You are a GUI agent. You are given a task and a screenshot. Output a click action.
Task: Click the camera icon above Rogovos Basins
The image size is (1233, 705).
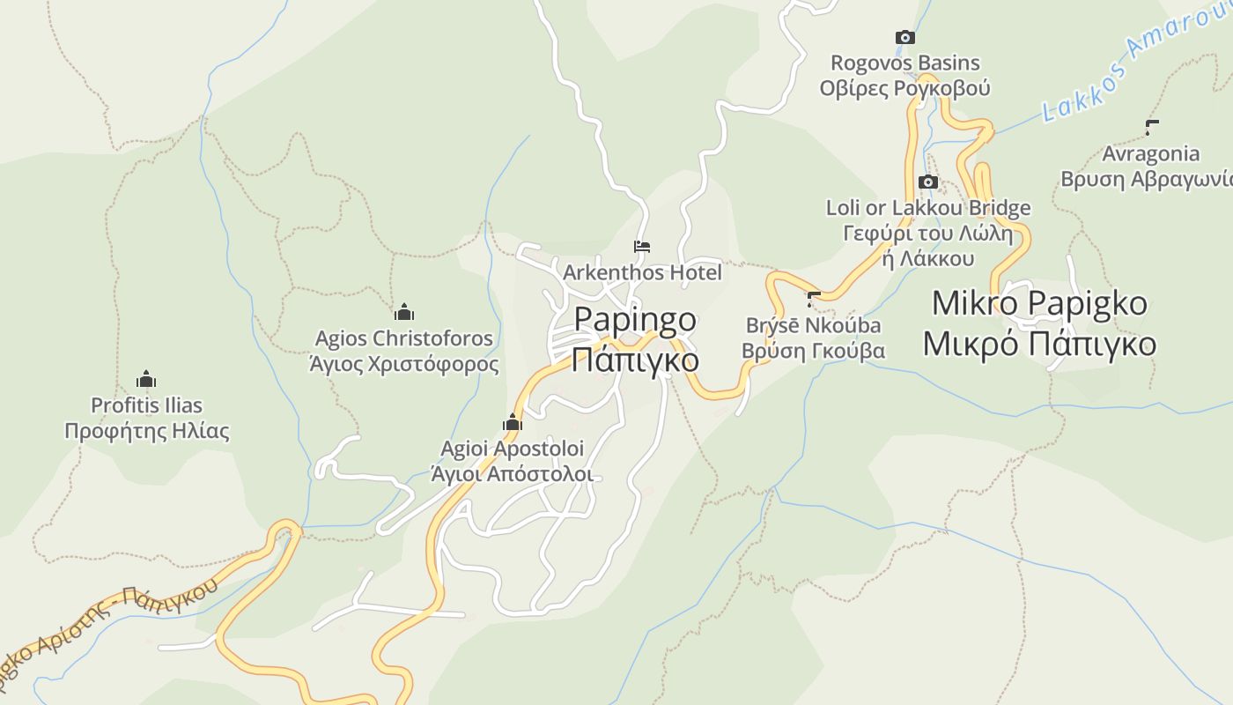click(x=904, y=37)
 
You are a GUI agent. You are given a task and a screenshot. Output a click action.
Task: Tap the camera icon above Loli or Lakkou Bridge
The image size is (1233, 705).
click(x=927, y=182)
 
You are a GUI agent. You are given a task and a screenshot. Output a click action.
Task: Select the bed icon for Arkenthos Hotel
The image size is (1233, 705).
click(x=642, y=247)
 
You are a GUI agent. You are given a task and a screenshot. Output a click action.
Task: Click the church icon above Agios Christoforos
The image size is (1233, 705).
click(x=404, y=312)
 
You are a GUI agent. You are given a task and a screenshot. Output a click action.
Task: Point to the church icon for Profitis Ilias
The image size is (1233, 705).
click(x=146, y=380)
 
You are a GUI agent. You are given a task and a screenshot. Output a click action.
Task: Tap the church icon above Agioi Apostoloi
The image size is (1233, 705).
click(x=512, y=423)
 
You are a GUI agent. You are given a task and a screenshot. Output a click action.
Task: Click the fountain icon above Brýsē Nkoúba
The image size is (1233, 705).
click(x=814, y=299)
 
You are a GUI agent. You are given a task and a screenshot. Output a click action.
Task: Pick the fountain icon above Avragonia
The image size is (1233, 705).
click(x=1151, y=127)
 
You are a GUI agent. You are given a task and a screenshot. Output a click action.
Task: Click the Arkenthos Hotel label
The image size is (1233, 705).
click(x=642, y=272)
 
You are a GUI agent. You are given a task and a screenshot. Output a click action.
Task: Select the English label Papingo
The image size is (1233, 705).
click(x=635, y=319)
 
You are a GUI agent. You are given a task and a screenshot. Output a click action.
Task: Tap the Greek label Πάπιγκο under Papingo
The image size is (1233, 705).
click(x=635, y=360)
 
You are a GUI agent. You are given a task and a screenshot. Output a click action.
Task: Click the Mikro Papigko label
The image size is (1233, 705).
click(x=1039, y=303)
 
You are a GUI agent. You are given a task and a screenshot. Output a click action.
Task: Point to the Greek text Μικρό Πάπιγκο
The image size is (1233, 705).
click(x=1039, y=344)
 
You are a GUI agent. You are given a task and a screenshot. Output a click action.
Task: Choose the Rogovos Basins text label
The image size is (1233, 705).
click(x=905, y=63)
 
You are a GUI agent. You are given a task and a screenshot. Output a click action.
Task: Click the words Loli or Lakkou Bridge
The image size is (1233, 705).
click(x=928, y=209)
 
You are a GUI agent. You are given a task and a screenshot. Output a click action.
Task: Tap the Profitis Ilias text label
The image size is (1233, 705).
click(x=147, y=406)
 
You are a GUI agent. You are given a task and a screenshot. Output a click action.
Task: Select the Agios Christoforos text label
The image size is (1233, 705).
click(x=404, y=338)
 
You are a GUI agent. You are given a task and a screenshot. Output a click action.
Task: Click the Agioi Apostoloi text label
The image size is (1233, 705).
click(x=513, y=449)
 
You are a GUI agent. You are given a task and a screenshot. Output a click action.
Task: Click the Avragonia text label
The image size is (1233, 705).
click(x=1151, y=154)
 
